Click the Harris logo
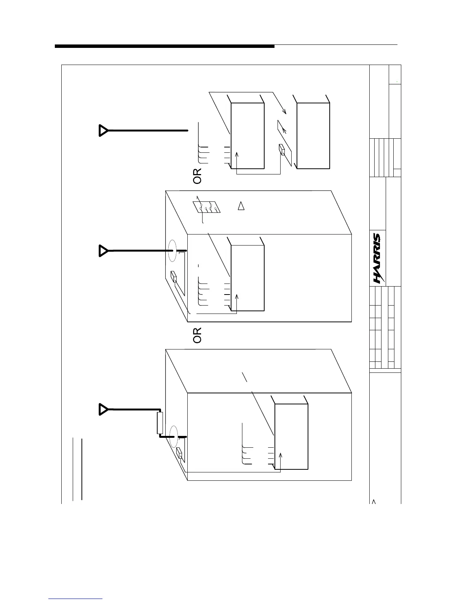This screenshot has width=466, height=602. (x=377, y=258)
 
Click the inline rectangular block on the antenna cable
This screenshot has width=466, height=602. (x=160, y=423)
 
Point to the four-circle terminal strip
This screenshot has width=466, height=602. (x=206, y=208)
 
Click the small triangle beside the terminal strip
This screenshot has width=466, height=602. (x=241, y=206)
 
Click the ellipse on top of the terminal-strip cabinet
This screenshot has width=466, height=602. (x=172, y=251)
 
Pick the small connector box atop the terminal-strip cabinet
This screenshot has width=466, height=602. (x=174, y=277)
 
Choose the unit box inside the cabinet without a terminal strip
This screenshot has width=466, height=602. (x=291, y=437)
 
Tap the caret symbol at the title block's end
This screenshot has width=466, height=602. (x=374, y=501)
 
